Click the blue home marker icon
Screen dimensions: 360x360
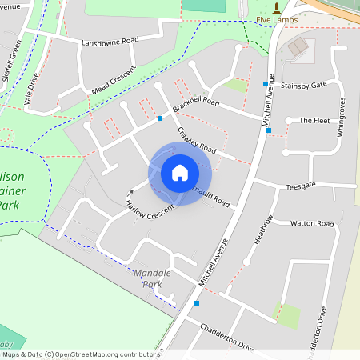point(180,173)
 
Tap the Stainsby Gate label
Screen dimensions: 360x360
point(304,84)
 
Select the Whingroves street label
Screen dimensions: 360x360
point(341,117)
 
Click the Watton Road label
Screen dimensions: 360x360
point(312,223)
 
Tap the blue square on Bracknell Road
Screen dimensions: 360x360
point(160,118)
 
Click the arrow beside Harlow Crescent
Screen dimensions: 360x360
point(130,193)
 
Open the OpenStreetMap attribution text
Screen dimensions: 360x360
point(80,354)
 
